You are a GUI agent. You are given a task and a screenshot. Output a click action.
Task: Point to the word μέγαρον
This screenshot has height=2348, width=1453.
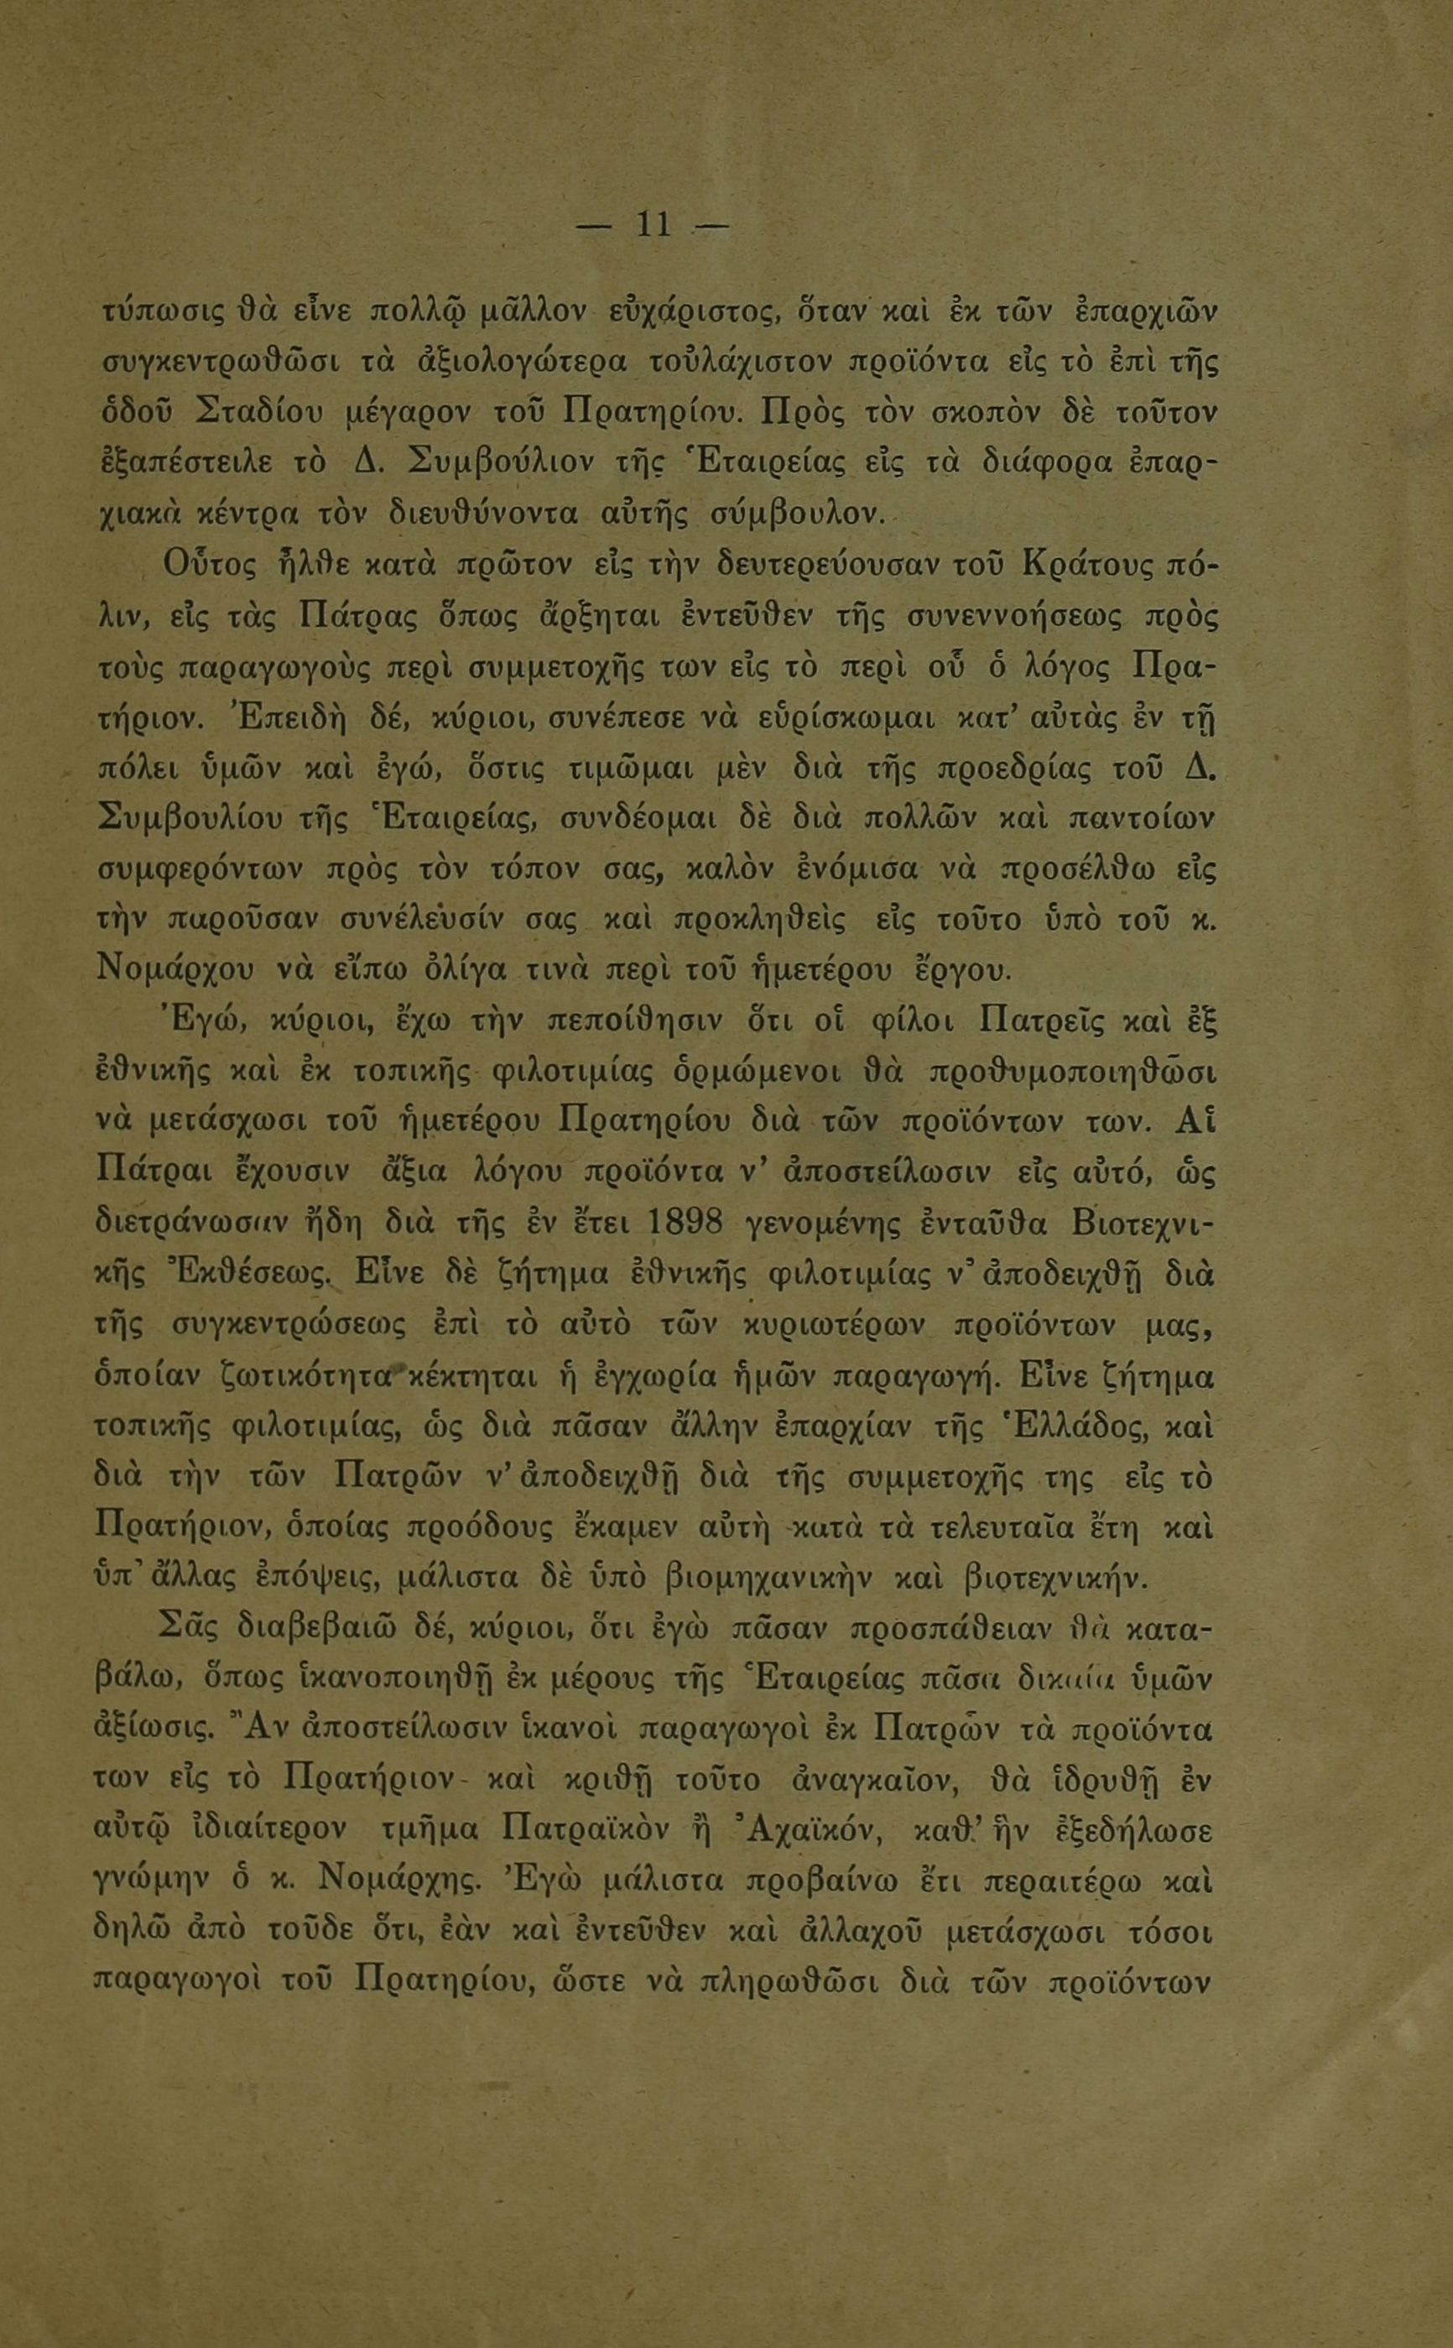coord(407,415)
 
